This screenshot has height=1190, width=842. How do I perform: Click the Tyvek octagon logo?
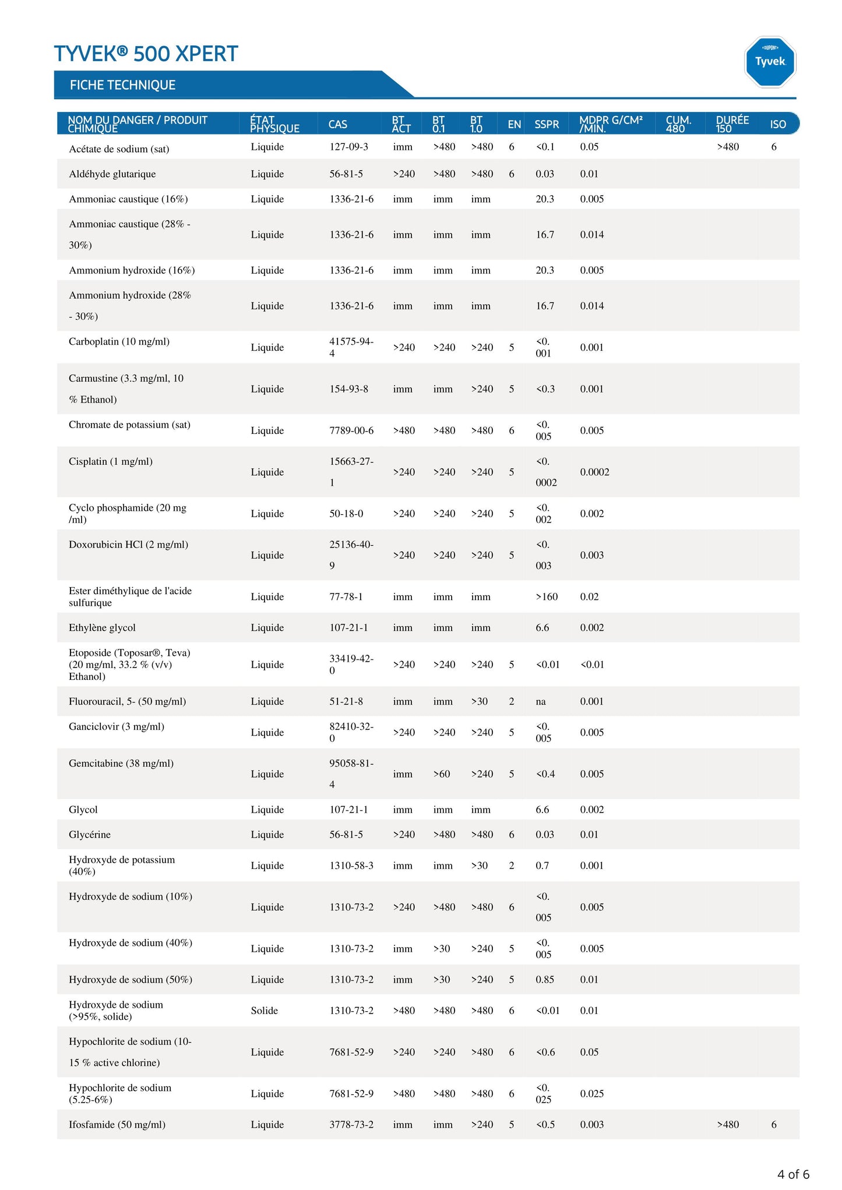770,62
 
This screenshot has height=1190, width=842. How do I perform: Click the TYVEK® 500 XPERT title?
146,54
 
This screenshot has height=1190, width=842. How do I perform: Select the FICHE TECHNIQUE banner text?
122,85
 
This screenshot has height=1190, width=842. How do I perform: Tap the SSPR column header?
547,124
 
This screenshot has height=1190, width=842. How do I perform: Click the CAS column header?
337,124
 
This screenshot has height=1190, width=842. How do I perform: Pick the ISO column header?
777,124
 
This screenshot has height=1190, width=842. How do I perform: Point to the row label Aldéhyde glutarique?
112,174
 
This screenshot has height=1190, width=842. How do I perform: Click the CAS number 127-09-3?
348,147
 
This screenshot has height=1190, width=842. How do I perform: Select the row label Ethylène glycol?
102,628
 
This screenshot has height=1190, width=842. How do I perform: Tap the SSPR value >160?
547,597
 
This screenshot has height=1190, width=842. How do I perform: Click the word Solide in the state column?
264,1011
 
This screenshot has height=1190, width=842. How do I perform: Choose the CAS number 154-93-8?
348,389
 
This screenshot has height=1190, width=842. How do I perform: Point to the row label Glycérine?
89,835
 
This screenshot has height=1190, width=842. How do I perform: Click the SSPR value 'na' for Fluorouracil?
541,702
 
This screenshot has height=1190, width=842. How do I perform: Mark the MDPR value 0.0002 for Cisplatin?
594,472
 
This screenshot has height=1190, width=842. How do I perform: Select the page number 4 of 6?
793,1174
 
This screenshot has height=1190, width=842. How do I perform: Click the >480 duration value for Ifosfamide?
728,1125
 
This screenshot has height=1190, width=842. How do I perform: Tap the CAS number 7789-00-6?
351,431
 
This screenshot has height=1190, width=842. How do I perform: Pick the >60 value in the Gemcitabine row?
442,774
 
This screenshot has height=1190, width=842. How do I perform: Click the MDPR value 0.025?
591,1094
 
